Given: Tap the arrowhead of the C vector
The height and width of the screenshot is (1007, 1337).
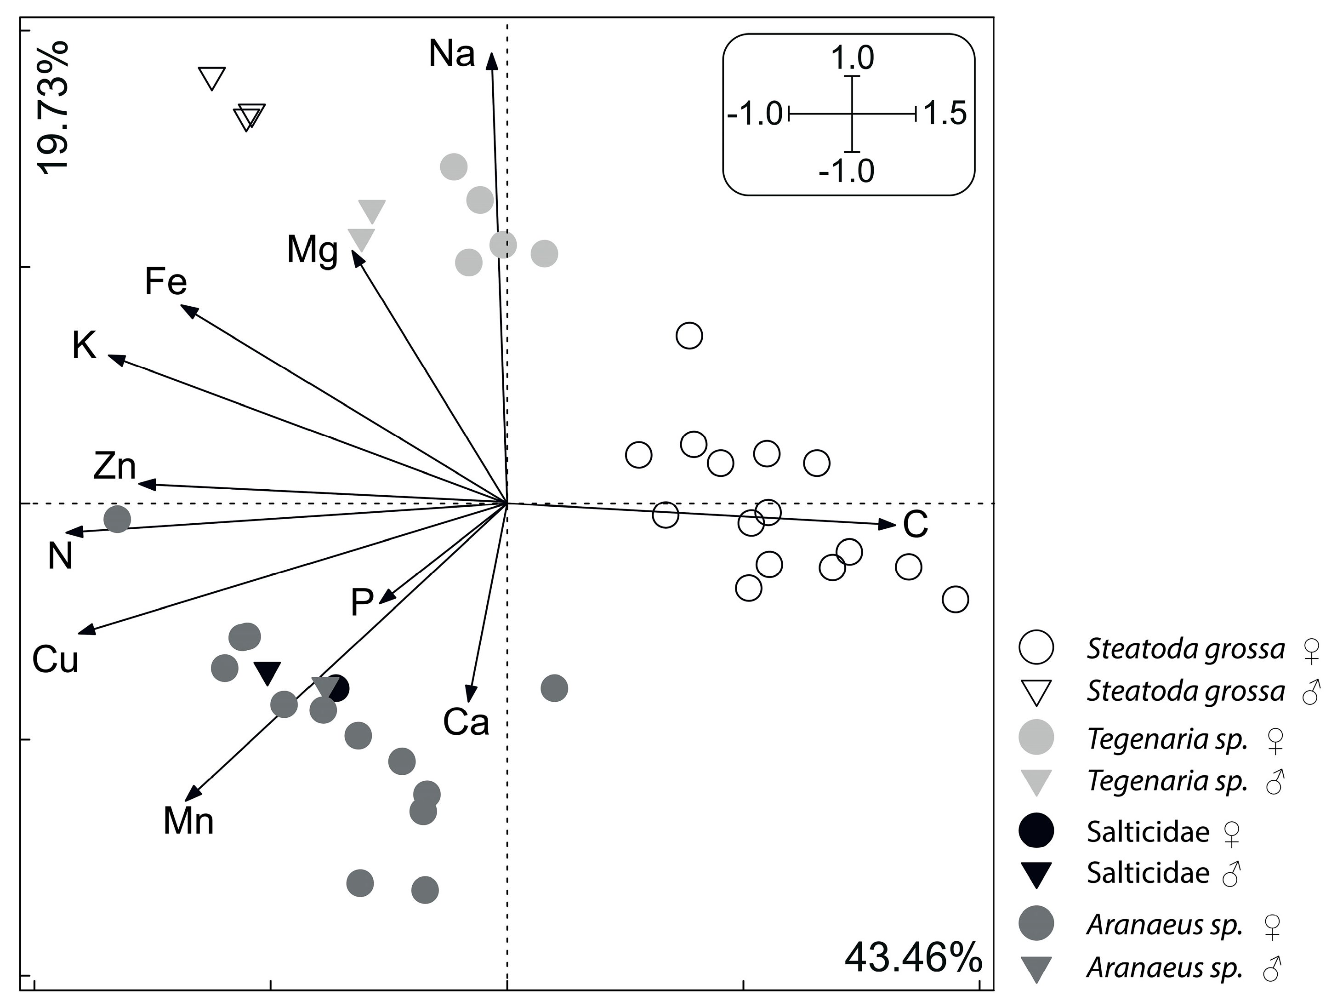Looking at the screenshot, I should pos(888,524).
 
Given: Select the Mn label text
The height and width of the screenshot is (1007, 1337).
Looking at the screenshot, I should pos(188,821).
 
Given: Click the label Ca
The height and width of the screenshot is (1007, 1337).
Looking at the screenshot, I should pos(466,722).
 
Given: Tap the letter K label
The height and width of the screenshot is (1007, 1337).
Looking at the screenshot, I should pos(84,345).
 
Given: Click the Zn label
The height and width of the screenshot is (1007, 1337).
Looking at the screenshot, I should pos(115,466).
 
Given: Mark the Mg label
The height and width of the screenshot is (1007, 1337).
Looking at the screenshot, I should pos(312,250).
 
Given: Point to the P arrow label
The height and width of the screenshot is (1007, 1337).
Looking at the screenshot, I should pos(362,602).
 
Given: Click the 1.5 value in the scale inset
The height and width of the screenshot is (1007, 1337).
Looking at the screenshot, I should pos(945,113).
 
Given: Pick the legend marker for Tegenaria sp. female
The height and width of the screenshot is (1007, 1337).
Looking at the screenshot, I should pos(1036,737).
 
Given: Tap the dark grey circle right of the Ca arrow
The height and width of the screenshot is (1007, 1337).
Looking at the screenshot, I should pos(554,688).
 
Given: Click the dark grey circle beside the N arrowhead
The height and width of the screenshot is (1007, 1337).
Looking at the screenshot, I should pos(117,519).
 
